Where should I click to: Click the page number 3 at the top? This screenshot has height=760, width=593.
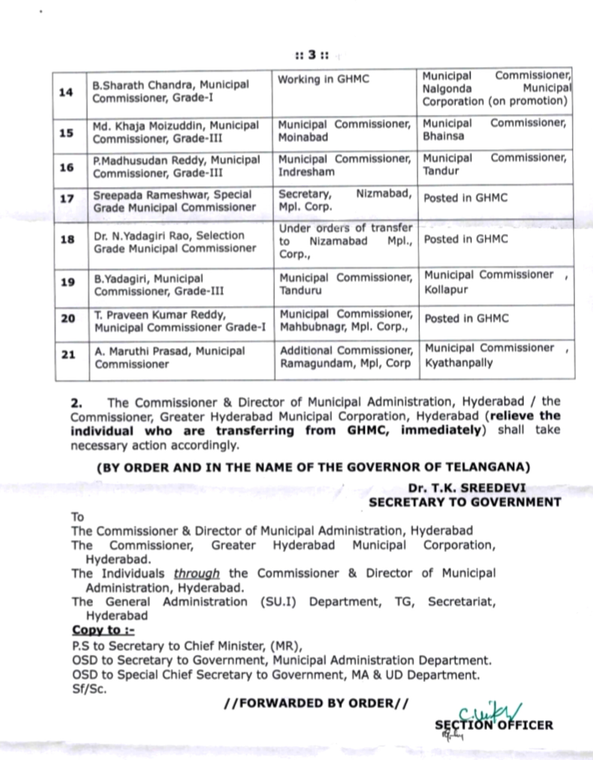tap(312, 55)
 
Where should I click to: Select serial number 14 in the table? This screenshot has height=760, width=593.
tap(66, 93)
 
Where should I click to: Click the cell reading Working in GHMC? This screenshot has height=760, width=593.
tap(323, 80)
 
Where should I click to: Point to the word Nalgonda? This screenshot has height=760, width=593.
tap(447, 89)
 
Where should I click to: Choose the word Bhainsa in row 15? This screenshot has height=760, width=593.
tap(443, 136)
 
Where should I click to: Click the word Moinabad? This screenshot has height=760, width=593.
tap(303, 137)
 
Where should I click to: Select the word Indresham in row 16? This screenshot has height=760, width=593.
tap(306, 172)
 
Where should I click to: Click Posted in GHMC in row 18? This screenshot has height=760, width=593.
tap(466, 239)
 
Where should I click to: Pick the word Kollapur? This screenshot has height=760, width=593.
tap(446, 289)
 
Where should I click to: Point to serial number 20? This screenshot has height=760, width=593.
tap(68, 318)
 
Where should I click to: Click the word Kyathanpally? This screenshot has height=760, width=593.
tap(458, 363)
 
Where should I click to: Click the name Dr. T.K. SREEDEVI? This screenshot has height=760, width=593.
tap(467, 488)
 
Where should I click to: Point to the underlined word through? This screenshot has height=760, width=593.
tap(196, 573)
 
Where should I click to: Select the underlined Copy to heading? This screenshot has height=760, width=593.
tap(103, 630)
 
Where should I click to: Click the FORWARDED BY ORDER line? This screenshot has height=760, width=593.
tap(316, 703)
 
